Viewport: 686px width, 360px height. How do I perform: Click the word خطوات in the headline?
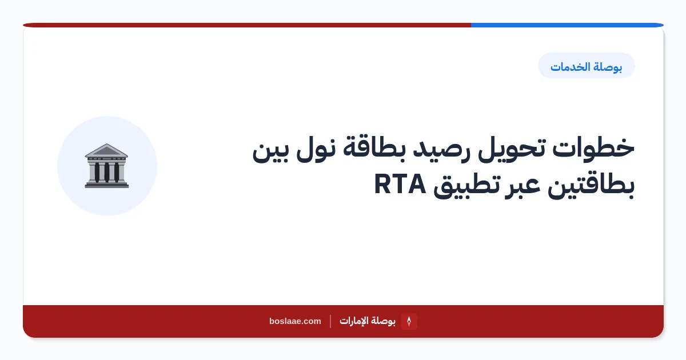tap(593, 149)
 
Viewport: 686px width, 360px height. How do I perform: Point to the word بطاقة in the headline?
tap(370, 148)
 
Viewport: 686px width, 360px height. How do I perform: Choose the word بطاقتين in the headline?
tap(591, 186)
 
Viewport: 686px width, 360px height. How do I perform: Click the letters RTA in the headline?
tap(400, 184)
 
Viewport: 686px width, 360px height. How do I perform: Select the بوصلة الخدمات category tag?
tap(586, 66)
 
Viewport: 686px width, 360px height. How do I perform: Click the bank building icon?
tap(106, 166)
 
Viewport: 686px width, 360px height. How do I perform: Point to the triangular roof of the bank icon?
tap(106, 150)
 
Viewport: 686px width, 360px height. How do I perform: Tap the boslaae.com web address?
tap(295, 321)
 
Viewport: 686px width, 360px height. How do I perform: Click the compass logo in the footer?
tap(409, 321)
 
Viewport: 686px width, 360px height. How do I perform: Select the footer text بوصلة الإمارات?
tap(368, 321)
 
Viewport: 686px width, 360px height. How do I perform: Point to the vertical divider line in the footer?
tap(330, 321)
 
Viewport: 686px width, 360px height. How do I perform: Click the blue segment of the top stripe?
tap(567, 25)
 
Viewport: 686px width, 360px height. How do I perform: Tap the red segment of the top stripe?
tap(247, 25)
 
